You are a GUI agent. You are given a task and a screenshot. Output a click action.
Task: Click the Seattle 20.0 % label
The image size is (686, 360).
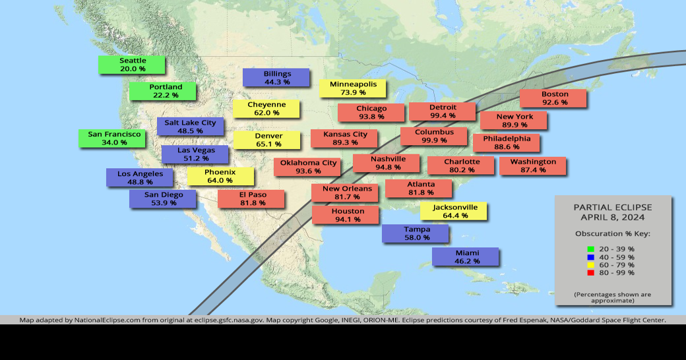coord(132,65)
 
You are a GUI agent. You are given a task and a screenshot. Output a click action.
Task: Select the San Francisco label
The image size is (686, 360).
coord(114,138)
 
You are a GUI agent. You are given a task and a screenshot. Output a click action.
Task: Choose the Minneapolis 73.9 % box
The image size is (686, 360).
coord(353,88)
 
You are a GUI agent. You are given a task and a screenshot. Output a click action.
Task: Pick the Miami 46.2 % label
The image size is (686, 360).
coord(466,256)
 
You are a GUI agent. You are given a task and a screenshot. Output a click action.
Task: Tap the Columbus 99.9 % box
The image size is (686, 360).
coord(434,136)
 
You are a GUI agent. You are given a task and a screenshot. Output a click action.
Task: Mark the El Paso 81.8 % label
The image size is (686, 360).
coord(251,198)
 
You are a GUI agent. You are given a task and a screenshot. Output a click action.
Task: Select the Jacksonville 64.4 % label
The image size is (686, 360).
coord(454,211)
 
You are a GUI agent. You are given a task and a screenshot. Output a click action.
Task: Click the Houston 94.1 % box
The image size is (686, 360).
coord(346,215)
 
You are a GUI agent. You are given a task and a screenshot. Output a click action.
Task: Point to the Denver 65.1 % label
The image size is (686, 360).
coord(267,140)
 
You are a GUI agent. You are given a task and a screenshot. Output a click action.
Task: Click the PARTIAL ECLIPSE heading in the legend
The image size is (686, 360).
coord(612,207)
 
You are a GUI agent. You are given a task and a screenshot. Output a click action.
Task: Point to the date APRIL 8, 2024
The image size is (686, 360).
coord(612,217)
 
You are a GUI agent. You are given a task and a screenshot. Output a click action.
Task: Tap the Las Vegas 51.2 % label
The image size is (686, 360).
coord(195,154)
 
